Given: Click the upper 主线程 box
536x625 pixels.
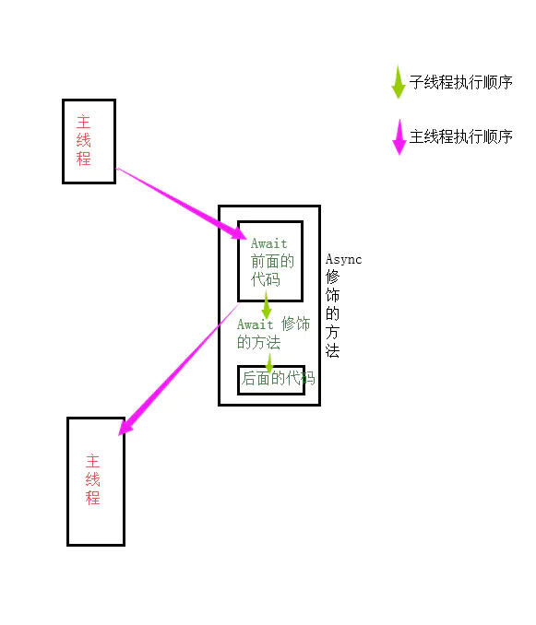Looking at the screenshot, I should tap(89, 141).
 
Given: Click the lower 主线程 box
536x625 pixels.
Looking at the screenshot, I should tap(95, 480).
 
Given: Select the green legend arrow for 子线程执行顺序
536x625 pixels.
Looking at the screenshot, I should tap(399, 82).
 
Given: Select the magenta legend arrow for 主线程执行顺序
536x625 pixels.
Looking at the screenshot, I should tap(399, 137).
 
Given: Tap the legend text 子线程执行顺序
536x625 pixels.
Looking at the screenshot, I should tap(460, 82).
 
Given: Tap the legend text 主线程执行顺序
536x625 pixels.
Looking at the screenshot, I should tap(460, 137).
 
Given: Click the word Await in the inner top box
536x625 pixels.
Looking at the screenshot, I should tap(268, 243).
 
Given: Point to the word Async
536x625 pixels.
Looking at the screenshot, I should tap(343, 259).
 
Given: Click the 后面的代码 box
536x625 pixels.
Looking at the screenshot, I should tap(272, 379).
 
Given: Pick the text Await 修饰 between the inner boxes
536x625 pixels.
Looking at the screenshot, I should tap(273, 324).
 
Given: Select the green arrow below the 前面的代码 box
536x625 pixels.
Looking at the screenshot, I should tap(266, 306).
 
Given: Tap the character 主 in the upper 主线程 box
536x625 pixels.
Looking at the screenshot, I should tap(84, 122).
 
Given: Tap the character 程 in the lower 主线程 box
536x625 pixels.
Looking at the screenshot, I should tap(92, 499).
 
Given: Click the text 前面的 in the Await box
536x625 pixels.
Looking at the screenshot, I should tap(272, 261).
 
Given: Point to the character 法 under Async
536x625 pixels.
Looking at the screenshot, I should tap(333, 351).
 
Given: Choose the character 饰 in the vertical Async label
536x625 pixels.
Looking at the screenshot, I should tap(333, 296).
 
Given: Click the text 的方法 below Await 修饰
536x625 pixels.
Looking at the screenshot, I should tap(258, 343).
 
